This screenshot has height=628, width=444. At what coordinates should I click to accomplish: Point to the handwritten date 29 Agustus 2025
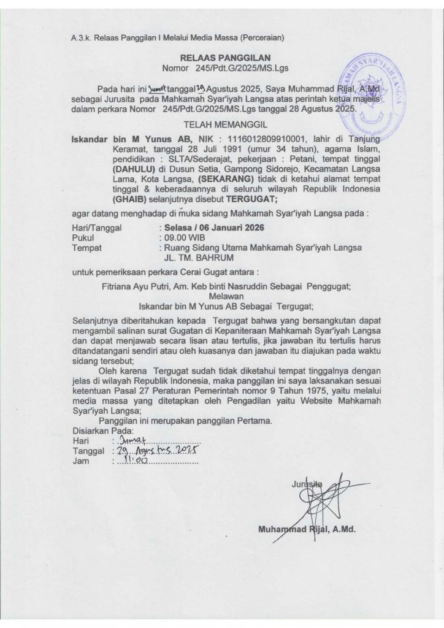(155, 451)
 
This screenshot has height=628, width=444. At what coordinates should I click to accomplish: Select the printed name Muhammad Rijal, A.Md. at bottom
(307, 529)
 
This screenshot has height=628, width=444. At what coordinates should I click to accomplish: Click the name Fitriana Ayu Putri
(134, 286)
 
